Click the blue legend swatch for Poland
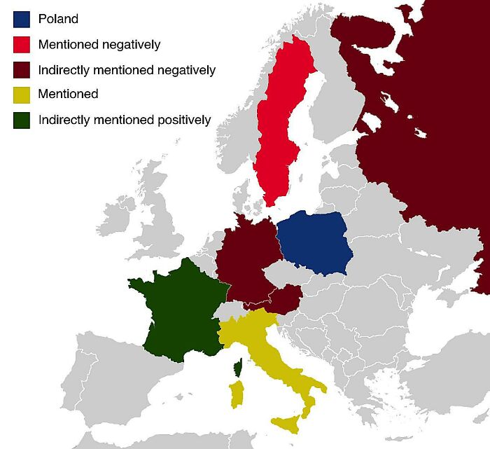point(21,19)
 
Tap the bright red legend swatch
point(21,44)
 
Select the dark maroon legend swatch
point(21,69)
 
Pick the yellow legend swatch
point(21,95)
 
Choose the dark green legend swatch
point(21,120)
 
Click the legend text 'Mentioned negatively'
point(99,44)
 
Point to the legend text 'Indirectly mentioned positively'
point(125,120)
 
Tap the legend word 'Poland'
point(58,19)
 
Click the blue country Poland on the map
point(313,242)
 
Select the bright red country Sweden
point(276,126)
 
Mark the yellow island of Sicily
point(288,423)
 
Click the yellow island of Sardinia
point(237,394)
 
